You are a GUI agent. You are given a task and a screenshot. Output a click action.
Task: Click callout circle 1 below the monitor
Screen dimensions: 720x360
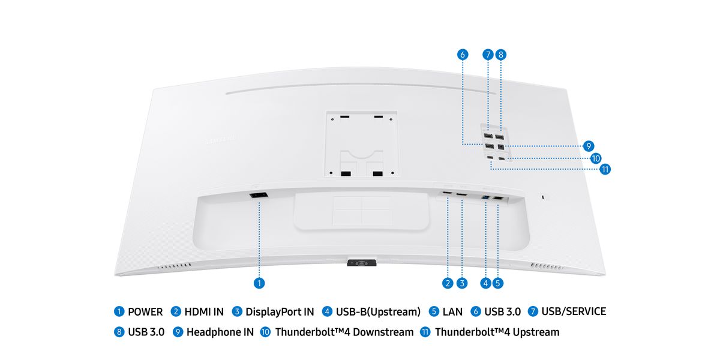259,283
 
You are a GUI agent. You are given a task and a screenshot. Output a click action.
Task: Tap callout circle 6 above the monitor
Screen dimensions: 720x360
463,55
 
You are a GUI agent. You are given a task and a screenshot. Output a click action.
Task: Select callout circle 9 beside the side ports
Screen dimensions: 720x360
589,146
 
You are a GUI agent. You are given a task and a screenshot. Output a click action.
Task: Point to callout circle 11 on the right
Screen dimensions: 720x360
605,169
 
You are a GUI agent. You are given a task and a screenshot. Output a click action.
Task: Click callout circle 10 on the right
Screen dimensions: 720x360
596,158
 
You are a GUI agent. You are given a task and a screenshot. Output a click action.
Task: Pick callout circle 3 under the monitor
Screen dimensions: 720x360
462,283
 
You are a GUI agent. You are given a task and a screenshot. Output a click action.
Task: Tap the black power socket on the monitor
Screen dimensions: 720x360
259,195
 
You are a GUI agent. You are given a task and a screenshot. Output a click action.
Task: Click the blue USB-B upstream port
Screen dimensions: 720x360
485,197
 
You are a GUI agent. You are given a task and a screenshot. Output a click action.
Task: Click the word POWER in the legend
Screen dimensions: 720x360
145,312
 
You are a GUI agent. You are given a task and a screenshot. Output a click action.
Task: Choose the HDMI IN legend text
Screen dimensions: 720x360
204,312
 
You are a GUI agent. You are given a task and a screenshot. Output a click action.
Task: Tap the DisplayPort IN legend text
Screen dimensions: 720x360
280,312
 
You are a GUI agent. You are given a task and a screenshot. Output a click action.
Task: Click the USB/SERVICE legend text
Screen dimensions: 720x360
574,311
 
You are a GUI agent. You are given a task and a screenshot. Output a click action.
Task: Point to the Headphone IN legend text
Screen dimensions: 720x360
220,332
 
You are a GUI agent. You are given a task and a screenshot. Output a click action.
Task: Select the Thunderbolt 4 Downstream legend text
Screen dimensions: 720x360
344,332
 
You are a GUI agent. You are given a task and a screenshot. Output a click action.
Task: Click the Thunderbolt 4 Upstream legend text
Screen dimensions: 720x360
497,332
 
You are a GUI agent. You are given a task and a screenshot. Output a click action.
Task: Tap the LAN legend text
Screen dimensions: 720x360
452,312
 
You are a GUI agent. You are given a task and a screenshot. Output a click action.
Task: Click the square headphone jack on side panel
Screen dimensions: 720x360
501,147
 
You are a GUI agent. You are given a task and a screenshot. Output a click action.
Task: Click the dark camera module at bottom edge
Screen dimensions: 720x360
362,263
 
